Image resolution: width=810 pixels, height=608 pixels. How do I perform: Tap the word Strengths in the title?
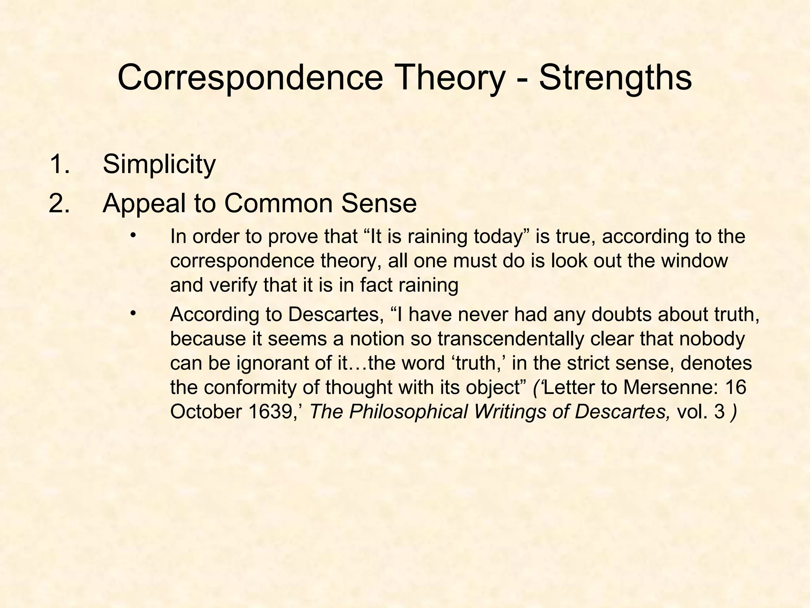(x=615, y=78)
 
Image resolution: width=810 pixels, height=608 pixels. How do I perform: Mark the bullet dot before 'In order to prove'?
(x=133, y=236)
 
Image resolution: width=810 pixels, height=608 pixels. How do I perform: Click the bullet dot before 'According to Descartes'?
(x=133, y=314)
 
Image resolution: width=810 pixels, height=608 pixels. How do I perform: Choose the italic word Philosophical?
(x=409, y=412)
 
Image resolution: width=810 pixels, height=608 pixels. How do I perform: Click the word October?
(x=206, y=412)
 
